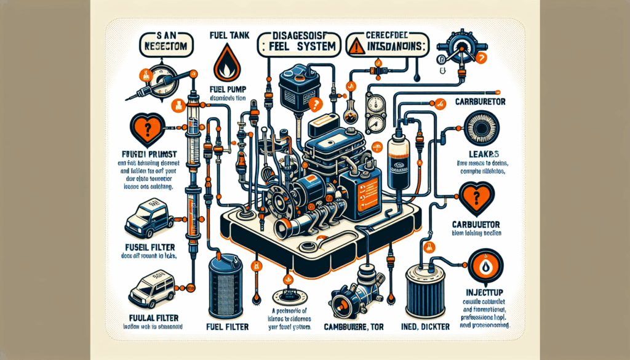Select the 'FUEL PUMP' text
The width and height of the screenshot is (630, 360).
pyautogui.click(x=228, y=87)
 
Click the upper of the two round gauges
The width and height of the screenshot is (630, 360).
pyautogui.click(x=375, y=102)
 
